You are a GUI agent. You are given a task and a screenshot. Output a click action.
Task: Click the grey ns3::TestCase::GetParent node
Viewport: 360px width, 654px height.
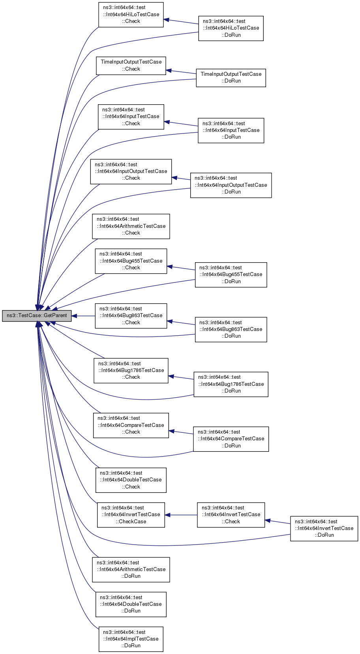coord(37,316)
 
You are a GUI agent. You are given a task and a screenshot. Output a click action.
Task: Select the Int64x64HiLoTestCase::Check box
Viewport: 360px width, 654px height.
coord(131,15)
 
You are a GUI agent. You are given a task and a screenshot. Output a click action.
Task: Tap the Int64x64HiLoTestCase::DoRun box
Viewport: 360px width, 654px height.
coord(231,28)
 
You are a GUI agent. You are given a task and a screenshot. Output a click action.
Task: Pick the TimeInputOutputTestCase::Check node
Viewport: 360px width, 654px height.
coord(131,66)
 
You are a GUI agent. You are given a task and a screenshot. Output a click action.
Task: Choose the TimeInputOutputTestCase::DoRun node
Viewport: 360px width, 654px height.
coord(231,78)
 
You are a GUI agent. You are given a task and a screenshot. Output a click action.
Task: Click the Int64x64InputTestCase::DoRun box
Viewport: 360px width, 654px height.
coord(231,130)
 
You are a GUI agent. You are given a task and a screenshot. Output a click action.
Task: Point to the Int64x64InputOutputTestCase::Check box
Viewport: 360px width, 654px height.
coord(131,171)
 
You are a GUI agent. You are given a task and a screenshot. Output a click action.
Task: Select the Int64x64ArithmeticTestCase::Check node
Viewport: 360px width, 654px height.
coord(131,226)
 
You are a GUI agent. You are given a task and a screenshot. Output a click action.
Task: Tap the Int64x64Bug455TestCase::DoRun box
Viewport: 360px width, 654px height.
coord(231,274)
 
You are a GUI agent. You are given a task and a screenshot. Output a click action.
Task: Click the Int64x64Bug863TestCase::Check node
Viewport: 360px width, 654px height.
coord(131,316)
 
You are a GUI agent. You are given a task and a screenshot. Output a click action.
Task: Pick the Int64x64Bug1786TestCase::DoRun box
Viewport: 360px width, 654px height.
coord(231,384)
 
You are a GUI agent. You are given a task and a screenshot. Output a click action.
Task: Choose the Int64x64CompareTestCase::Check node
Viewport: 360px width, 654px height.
coord(131,425)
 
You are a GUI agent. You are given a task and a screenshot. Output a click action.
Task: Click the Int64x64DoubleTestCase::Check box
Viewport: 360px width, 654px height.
coord(131,480)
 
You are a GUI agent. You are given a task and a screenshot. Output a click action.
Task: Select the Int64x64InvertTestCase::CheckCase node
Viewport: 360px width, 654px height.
coord(131,515)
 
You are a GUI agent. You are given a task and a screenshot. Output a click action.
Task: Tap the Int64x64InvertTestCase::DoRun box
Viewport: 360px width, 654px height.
coord(324,528)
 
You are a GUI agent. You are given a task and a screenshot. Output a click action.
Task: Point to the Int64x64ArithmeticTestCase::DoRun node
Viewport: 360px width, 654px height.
coord(131,569)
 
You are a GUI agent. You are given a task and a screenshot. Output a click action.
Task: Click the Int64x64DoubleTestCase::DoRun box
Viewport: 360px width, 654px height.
coord(131,604)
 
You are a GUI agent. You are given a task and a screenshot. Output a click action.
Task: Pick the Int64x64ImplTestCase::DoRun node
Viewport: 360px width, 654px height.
coord(131,639)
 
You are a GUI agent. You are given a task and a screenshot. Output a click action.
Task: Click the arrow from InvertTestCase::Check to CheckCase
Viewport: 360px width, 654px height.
coord(181,515)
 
